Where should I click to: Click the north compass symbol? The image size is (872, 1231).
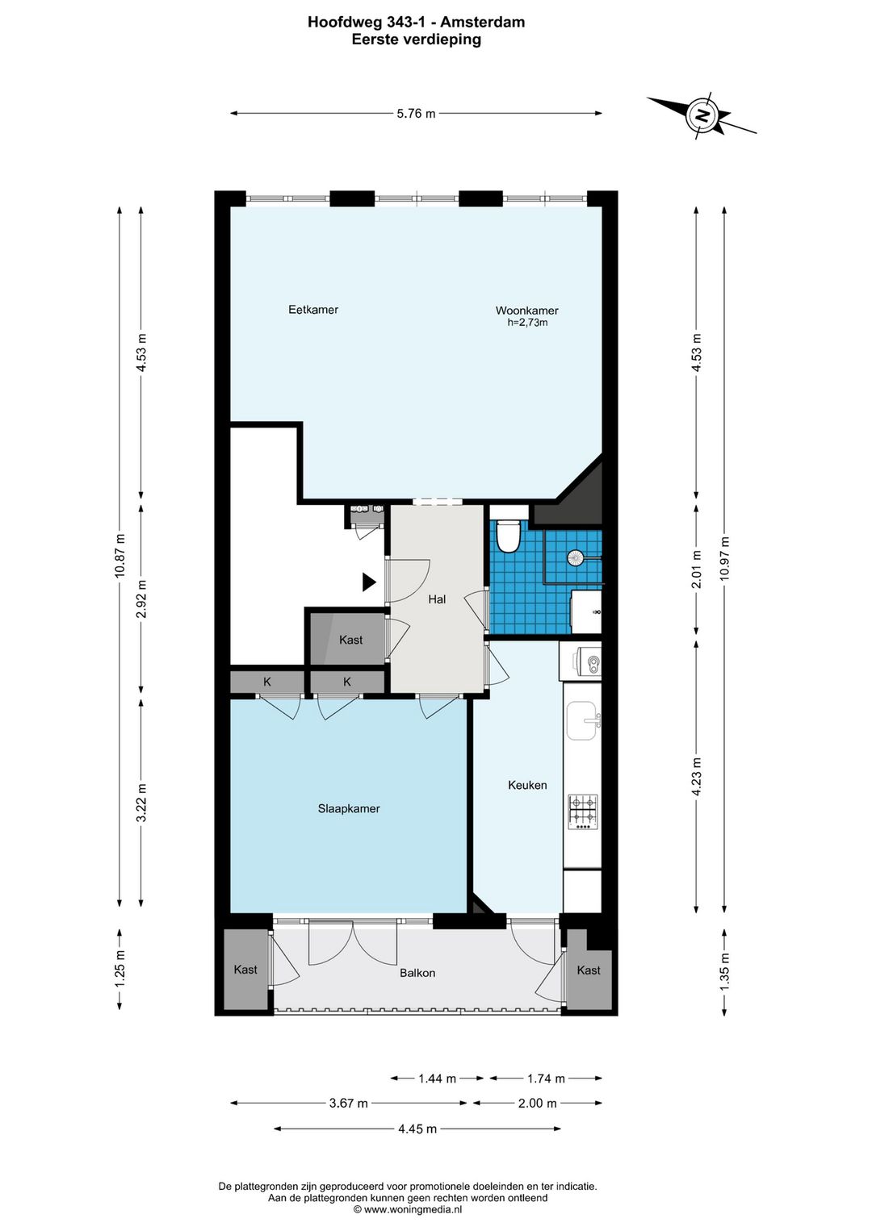click(702, 115)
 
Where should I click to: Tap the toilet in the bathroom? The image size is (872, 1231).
click(507, 536)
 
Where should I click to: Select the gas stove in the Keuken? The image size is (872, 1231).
click(583, 812)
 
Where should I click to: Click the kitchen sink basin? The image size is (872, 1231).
click(581, 721)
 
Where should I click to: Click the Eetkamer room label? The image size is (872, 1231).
click(313, 310)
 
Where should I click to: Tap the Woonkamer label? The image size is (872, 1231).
click(526, 311)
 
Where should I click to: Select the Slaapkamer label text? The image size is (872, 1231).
click(349, 808)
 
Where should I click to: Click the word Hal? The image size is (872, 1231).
click(437, 599)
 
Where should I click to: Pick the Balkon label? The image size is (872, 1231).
click(417, 973)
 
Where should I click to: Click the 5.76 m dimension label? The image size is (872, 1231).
click(416, 114)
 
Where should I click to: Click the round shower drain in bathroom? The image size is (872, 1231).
click(576, 557)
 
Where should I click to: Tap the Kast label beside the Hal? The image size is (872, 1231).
click(350, 640)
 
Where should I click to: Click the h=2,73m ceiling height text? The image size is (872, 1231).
click(527, 323)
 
